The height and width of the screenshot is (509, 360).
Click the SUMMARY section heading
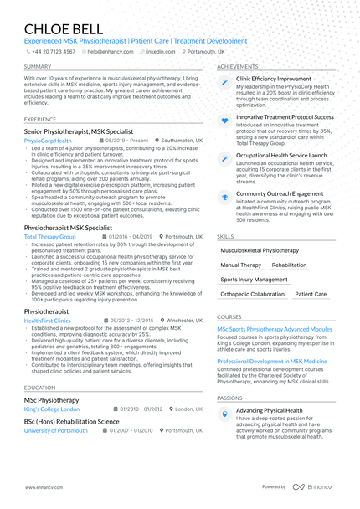(38, 66)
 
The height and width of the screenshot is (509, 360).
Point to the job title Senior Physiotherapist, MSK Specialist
(89, 132)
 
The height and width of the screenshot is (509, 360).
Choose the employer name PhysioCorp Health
(48, 141)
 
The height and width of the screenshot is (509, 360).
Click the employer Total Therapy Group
(50, 237)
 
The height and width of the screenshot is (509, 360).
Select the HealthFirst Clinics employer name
(48, 321)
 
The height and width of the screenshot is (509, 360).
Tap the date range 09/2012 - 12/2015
(133, 321)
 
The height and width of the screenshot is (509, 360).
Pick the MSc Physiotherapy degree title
(52, 400)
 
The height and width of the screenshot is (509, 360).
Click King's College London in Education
(52, 409)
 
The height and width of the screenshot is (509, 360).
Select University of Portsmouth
(56, 430)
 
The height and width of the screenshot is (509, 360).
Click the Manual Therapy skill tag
(240, 265)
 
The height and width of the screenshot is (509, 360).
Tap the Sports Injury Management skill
(255, 280)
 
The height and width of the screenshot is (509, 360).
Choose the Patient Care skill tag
(310, 295)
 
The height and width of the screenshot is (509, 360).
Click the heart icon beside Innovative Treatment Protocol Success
(224, 121)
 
